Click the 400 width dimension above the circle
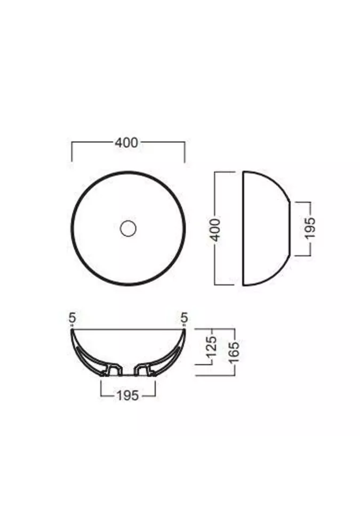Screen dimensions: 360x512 [126, 143]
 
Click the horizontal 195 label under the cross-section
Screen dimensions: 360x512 [127, 395]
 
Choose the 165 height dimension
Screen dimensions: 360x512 [234, 352]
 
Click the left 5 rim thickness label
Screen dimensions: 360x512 [72, 318]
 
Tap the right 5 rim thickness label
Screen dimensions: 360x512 [185, 318]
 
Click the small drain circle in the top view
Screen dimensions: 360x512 [128, 229]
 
